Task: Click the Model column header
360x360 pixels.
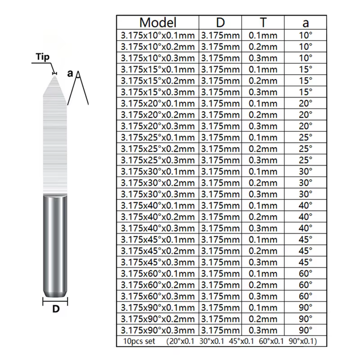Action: (158, 22)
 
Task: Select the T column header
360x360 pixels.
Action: (263, 22)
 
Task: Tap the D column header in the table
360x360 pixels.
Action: (220, 22)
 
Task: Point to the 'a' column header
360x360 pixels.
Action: (306, 23)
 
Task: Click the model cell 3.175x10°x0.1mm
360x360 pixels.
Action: (158, 36)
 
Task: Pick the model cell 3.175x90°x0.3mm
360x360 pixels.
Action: (158, 330)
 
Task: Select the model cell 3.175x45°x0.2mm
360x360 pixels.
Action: (158, 251)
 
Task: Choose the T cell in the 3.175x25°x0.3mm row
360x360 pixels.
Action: (263, 160)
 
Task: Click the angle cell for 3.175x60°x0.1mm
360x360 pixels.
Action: (306, 274)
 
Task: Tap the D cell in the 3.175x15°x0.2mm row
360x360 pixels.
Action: (220, 81)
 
